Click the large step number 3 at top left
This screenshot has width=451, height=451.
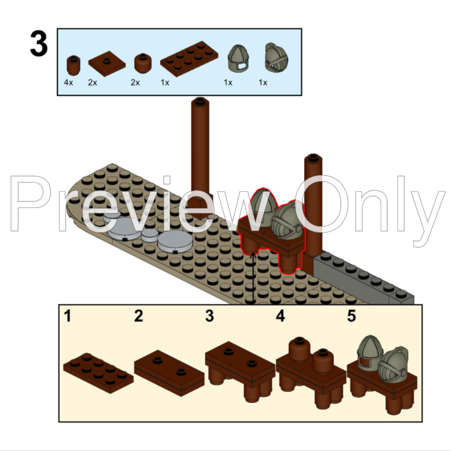click(38, 44)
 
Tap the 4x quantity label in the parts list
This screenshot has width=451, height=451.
click(69, 82)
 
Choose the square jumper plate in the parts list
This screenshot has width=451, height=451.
click(106, 63)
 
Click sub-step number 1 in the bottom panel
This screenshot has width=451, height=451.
click(67, 316)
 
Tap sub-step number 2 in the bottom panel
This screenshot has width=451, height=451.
click(139, 316)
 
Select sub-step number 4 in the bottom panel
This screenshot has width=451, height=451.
click(280, 316)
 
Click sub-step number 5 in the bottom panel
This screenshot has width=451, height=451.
click(351, 316)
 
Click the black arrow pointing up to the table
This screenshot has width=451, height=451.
click(254, 277)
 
